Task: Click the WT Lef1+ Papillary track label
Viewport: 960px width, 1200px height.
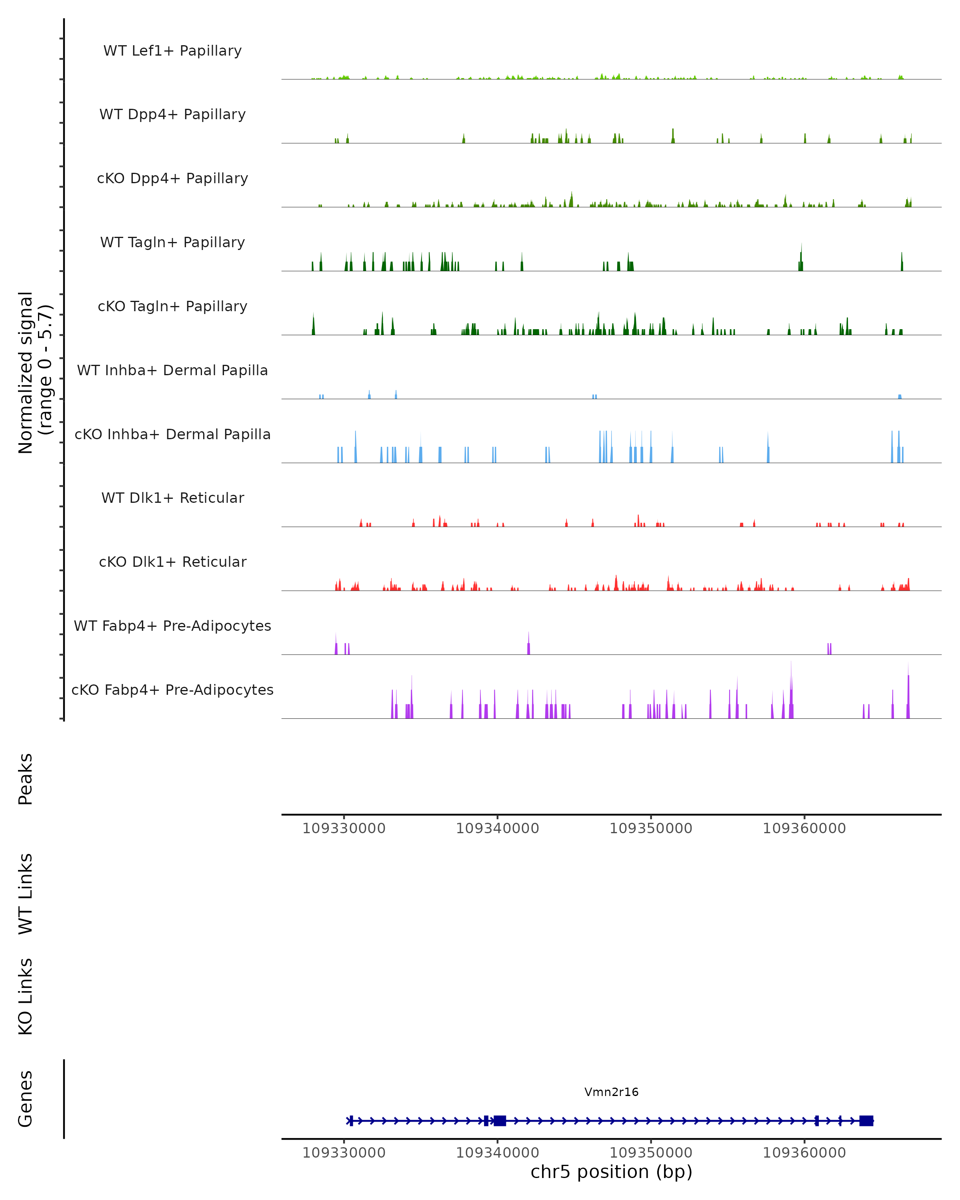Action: point(172,51)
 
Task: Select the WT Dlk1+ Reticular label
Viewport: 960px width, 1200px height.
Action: point(172,498)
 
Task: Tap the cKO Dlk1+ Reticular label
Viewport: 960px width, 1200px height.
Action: point(172,562)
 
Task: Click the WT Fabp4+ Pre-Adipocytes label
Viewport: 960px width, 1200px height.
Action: point(172,626)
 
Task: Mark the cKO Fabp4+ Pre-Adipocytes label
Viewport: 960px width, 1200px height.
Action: point(172,690)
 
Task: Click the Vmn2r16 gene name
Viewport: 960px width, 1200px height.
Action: point(611,1092)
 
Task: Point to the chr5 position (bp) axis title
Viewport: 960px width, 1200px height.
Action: point(611,1172)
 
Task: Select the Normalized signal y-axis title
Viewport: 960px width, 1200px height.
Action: point(34,372)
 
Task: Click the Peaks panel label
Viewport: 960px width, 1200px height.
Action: point(26,779)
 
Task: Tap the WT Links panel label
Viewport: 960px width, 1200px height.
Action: point(26,893)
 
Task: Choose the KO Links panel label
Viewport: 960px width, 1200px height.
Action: point(26,996)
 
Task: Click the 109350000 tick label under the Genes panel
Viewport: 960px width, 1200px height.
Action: point(650,1153)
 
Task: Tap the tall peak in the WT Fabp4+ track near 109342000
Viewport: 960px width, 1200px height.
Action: point(529,646)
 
